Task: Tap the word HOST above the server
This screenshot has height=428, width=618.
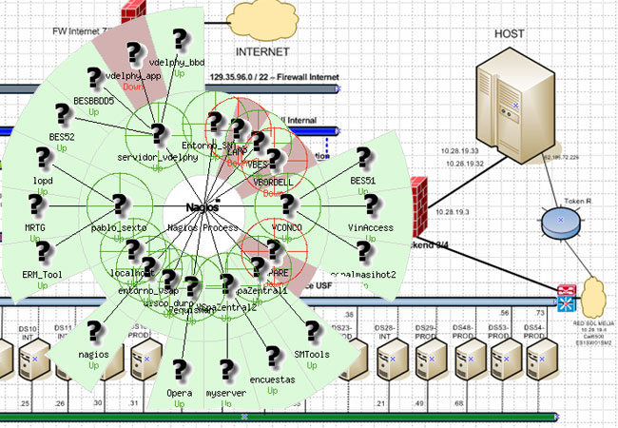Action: click(x=510, y=33)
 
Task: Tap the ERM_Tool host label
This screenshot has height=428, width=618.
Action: click(x=41, y=273)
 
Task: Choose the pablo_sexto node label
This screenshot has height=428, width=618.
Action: click(x=121, y=228)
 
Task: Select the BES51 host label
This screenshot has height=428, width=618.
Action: click(x=363, y=179)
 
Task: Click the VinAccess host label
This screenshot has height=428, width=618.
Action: click(x=370, y=228)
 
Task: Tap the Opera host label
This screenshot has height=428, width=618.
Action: click(x=180, y=392)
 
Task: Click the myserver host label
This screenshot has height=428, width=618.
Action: click(x=226, y=392)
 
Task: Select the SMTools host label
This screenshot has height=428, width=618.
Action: click(x=312, y=354)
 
